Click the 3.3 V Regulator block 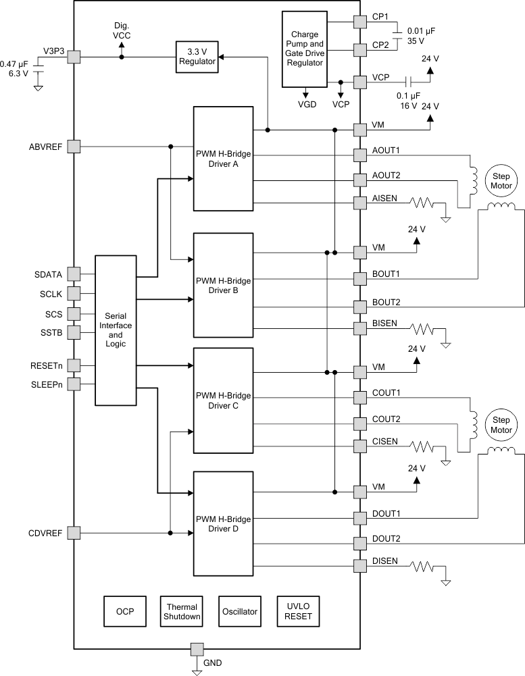pos(197,57)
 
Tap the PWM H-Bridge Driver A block pos(223,159)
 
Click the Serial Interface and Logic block pos(116,330)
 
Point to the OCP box pos(124,611)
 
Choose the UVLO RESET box pos(298,611)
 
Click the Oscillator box pos(239,611)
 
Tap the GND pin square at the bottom pos(196,649)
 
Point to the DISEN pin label pos(384,561)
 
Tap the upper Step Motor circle pos(501,180)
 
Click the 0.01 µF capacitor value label pos(422,30)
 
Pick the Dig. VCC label pos(122,30)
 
